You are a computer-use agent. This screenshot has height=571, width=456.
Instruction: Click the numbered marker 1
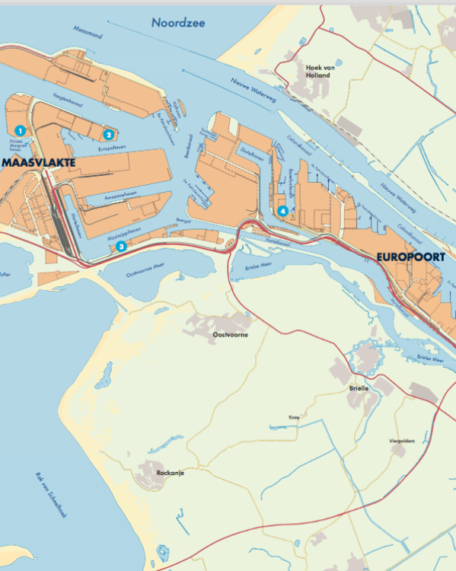pyautogui.click(x=20, y=130)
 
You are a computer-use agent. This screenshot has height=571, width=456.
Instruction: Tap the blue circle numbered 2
pyautogui.click(x=109, y=134)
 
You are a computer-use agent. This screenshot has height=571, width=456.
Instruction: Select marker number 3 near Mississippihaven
pyautogui.click(x=121, y=246)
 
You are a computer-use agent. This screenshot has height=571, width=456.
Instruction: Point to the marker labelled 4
pyautogui.click(x=283, y=211)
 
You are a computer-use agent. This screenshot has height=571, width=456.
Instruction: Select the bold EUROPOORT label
pyautogui.click(x=410, y=257)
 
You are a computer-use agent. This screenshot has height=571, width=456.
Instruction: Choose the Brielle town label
pyautogui.click(x=359, y=388)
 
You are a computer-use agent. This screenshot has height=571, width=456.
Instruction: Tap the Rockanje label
pyautogui.click(x=170, y=473)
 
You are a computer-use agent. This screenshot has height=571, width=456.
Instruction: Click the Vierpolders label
pyautogui.click(x=401, y=441)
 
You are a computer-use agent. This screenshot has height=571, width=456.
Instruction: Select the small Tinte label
pyautogui.click(x=294, y=418)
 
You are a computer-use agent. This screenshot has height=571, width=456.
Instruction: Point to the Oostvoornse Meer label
pyautogui.click(x=145, y=269)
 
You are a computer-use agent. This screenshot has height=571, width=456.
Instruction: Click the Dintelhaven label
pyautogui.click(x=252, y=151)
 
